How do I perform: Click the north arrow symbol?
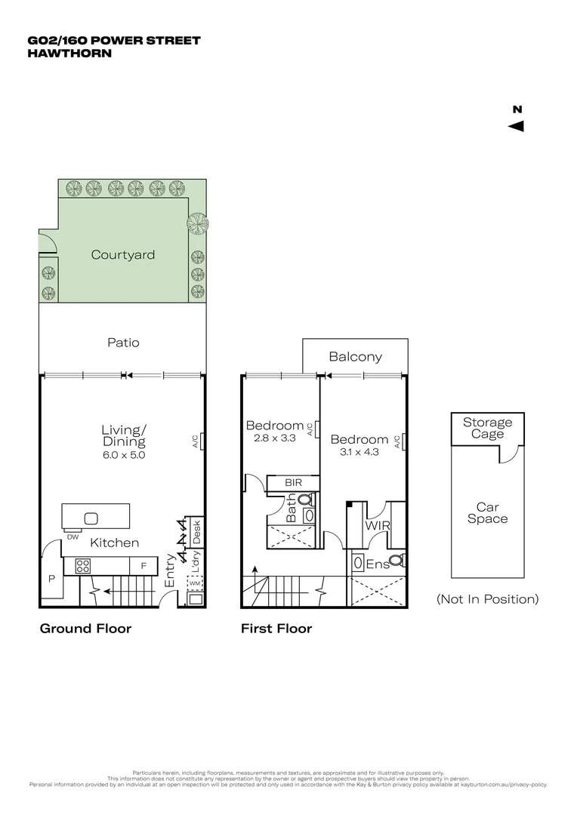coord(517,126)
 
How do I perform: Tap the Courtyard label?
coord(123,255)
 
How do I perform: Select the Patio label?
coord(123,343)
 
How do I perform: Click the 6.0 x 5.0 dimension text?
coord(123,455)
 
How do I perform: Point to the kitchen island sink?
coord(91,518)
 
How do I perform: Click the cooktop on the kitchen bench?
coord(83,564)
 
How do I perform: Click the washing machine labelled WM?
coord(194,583)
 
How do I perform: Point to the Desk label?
coord(195,531)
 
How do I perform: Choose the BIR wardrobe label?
coord(294,482)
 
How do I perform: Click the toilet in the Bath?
coord(306,499)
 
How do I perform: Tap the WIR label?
coord(377,525)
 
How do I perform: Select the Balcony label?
coord(355,357)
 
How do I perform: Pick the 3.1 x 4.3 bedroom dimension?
coord(359,452)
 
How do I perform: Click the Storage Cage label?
coord(487,428)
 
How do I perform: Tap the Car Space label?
coord(487,513)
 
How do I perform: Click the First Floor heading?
coord(276,629)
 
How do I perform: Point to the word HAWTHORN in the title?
coord(69,53)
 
